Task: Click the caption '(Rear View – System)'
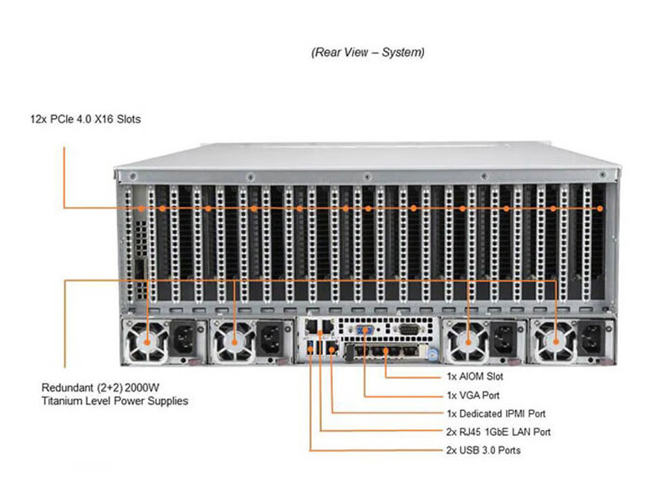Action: pyautogui.click(x=369, y=52)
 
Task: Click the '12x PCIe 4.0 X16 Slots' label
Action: pyautogui.click(x=84, y=119)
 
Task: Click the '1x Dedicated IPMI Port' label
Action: pyautogui.click(x=496, y=413)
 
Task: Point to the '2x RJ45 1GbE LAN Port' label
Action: pyautogui.click(x=498, y=432)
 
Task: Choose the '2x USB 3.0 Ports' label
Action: pyautogui.click(x=483, y=450)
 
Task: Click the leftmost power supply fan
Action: pyautogui.click(x=148, y=341)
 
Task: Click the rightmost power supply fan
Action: pyautogui.click(x=554, y=341)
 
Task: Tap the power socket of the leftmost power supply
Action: pyautogui.click(x=183, y=339)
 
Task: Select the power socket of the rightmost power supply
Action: pyautogui.click(x=590, y=339)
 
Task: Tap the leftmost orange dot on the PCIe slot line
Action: pyautogui.click(x=142, y=208)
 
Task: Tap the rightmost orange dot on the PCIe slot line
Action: pyautogui.click(x=599, y=208)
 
